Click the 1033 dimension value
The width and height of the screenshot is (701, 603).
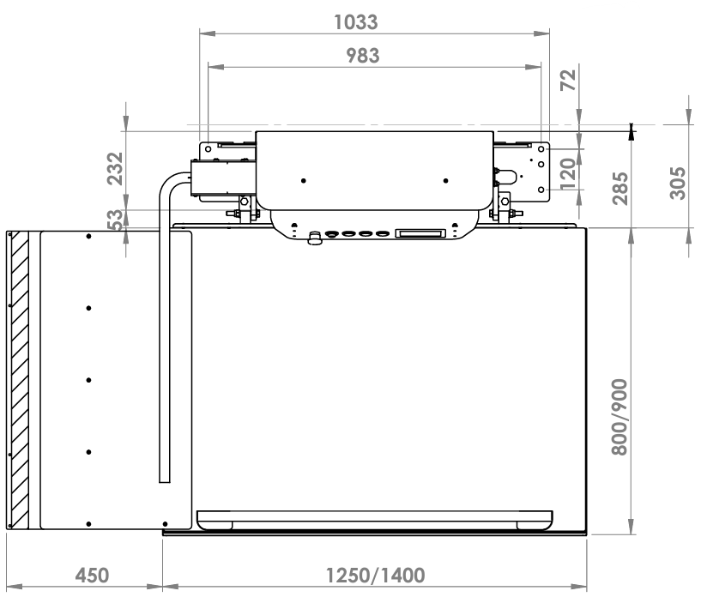pos(356,22)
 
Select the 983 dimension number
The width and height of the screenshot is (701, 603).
pos(363,56)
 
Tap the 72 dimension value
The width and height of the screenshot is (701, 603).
pos(568,80)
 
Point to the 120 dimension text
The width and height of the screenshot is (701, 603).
pos(568,174)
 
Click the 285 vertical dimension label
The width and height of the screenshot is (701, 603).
pos(620,188)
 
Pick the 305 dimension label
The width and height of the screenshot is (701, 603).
pos(677,183)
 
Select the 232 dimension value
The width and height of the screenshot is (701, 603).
pos(115,168)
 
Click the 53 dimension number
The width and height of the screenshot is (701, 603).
pos(115,220)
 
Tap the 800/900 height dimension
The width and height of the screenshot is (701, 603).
pos(619,417)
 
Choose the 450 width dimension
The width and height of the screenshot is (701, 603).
pos(92,576)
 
